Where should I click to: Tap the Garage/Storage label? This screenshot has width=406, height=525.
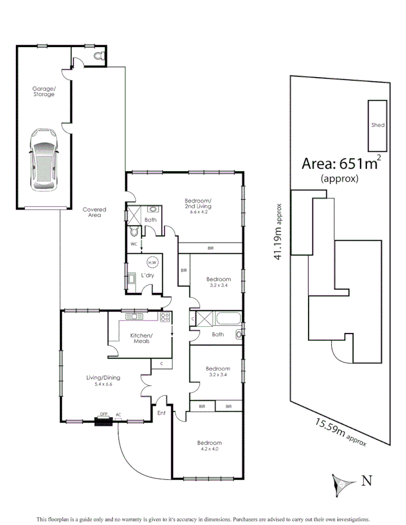[x=44, y=91]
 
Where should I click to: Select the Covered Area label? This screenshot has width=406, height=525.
[x=94, y=212]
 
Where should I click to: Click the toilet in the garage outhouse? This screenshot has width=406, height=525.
[x=100, y=55]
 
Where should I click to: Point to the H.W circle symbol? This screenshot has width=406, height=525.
[x=152, y=262]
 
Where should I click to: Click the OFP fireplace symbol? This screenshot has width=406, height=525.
[x=104, y=420]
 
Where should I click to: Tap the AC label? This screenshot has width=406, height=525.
[x=119, y=414]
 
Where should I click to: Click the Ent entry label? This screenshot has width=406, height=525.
[x=162, y=413]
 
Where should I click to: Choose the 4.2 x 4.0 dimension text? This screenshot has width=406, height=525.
[x=209, y=450]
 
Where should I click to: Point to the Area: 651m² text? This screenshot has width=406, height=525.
[x=340, y=164]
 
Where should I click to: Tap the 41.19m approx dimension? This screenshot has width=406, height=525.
[x=278, y=232]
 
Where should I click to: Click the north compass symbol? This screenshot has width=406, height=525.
[x=342, y=483]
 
